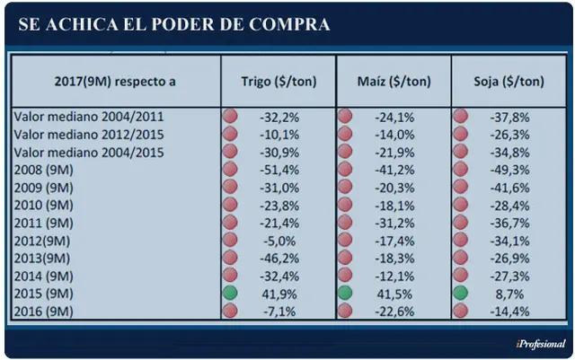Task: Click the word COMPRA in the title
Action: click(289, 24)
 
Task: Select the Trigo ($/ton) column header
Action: click(279, 82)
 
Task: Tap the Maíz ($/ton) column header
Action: click(394, 82)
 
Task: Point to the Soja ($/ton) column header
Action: click(509, 82)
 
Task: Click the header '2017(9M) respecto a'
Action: click(115, 82)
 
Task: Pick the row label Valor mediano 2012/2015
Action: click(89, 135)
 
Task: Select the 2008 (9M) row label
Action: click(44, 170)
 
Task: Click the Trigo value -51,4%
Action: click(279, 170)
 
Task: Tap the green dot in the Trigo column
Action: click(230, 293)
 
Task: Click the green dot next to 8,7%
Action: click(460, 293)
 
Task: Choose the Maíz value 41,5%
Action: click(394, 294)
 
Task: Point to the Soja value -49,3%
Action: click(509, 170)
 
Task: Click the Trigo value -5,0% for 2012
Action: click(279, 241)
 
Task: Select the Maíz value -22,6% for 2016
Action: click(394, 312)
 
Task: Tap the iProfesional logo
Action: click(541, 344)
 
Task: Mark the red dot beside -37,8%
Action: click(460, 116)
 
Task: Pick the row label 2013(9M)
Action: click(42, 259)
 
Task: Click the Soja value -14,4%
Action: click(509, 312)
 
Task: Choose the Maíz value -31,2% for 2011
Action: click(394, 224)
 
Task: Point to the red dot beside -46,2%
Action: click(230, 258)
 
